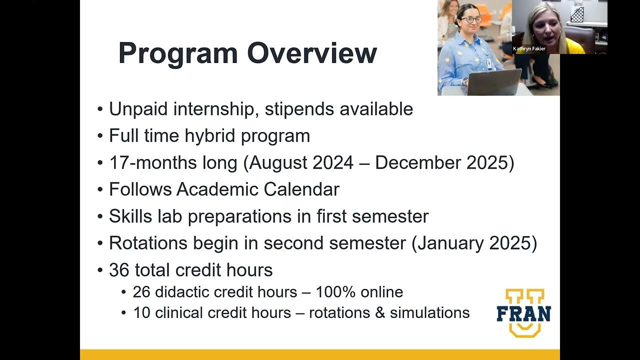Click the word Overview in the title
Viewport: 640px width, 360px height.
(312, 53)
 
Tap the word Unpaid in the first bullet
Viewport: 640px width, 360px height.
(138, 109)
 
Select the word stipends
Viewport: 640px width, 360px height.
(299, 109)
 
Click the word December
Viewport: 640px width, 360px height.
(417, 162)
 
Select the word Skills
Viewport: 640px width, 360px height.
(130, 216)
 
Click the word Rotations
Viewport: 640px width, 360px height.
(148, 243)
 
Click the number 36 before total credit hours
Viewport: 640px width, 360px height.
(119, 270)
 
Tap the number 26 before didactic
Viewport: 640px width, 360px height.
(141, 292)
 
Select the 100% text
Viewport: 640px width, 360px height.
(335, 292)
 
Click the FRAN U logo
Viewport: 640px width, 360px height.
(524, 313)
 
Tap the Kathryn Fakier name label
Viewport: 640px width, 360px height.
(529, 48)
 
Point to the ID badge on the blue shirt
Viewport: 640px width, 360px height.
(489, 63)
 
